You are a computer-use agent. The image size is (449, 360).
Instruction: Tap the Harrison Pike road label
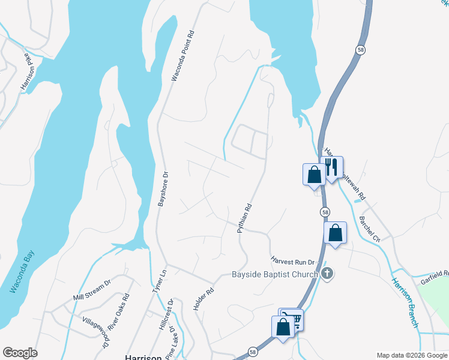pos(25,72)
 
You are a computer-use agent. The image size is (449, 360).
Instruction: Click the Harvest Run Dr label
pos(292,262)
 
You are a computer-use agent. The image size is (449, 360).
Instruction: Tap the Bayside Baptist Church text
pos(275,275)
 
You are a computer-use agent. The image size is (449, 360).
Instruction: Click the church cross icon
pos(327,274)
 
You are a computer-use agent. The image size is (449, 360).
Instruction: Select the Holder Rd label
pos(204,294)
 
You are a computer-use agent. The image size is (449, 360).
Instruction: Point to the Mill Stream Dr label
pos(92,289)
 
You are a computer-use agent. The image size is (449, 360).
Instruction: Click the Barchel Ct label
pos(369,229)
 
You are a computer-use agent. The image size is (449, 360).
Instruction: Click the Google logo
pos(19,353)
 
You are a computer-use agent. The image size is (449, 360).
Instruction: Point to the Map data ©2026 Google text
pos(412,355)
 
